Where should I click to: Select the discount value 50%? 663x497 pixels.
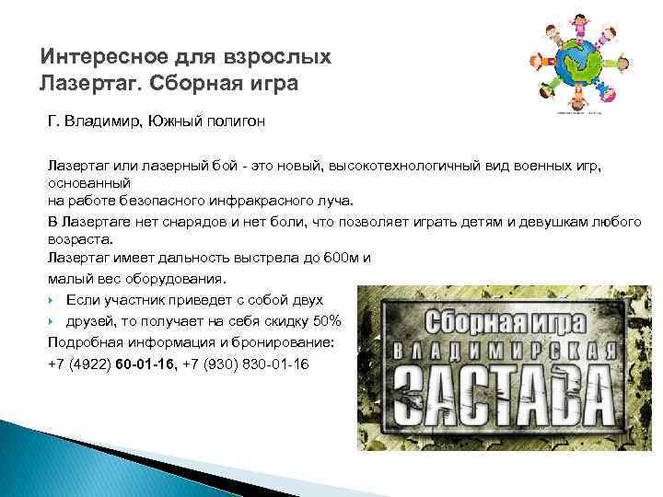point(325,320)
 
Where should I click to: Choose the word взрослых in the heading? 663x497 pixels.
point(279,58)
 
